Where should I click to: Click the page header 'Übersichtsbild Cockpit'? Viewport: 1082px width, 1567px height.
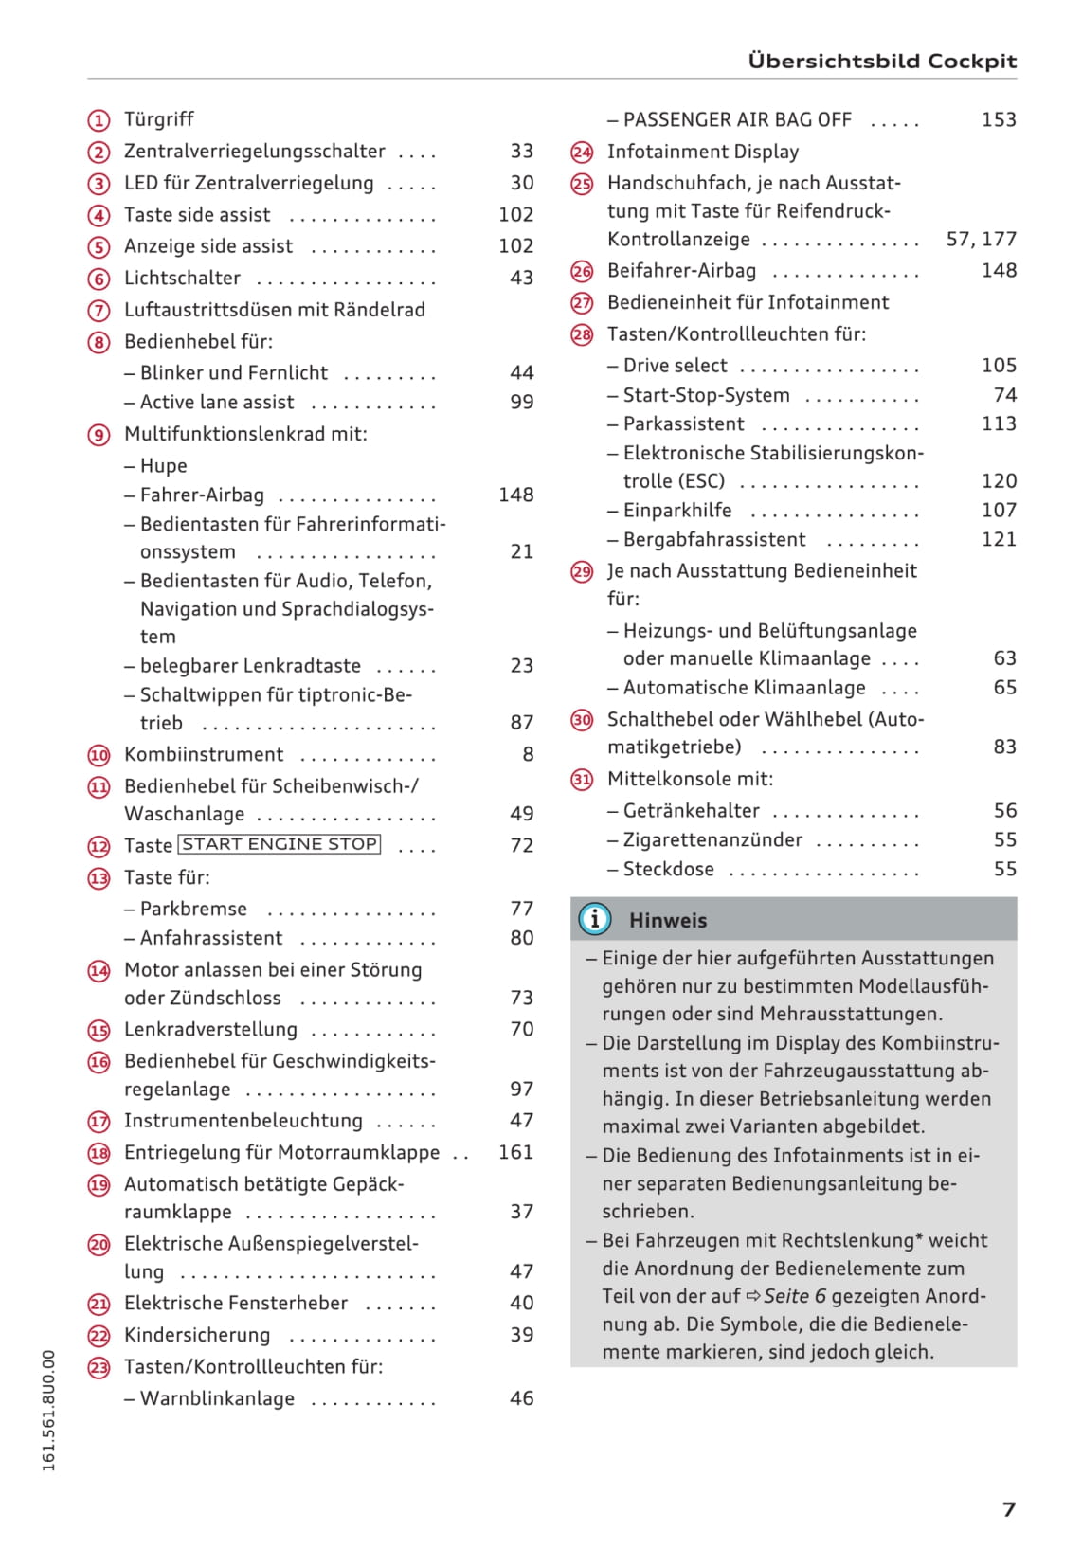pos(881,61)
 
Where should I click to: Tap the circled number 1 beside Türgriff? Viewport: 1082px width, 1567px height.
pos(99,120)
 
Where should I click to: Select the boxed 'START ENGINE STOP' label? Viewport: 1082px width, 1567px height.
pos(280,844)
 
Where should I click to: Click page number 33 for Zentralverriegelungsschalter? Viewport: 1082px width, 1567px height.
pos(521,151)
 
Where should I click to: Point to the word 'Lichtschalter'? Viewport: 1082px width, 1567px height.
pos(182,278)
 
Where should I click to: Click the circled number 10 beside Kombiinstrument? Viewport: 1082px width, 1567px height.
pos(99,755)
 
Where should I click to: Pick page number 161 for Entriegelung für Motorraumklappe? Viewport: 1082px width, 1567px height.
pos(515,1152)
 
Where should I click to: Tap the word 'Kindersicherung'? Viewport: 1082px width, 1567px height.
pos(197,1335)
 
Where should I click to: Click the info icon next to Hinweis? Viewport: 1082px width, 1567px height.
pos(594,919)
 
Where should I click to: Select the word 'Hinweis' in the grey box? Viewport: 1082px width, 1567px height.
pos(668,920)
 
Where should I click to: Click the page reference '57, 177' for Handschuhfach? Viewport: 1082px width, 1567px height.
pos(981,239)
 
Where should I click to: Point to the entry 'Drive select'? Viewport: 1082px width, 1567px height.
pos(675,366)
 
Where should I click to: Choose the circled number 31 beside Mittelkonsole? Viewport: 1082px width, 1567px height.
pos(582,780)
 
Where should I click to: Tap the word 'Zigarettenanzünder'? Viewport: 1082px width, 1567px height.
pos(712,839)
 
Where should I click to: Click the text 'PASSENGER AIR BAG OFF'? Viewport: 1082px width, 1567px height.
pos(737,119)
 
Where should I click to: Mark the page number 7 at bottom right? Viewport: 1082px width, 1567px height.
pos(1009,1509)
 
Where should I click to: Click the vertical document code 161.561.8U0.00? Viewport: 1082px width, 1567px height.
pos(49,1411)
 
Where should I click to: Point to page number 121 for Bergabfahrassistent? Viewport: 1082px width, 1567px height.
pos(999,539)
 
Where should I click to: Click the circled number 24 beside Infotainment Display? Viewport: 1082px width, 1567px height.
pos(582,153)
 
